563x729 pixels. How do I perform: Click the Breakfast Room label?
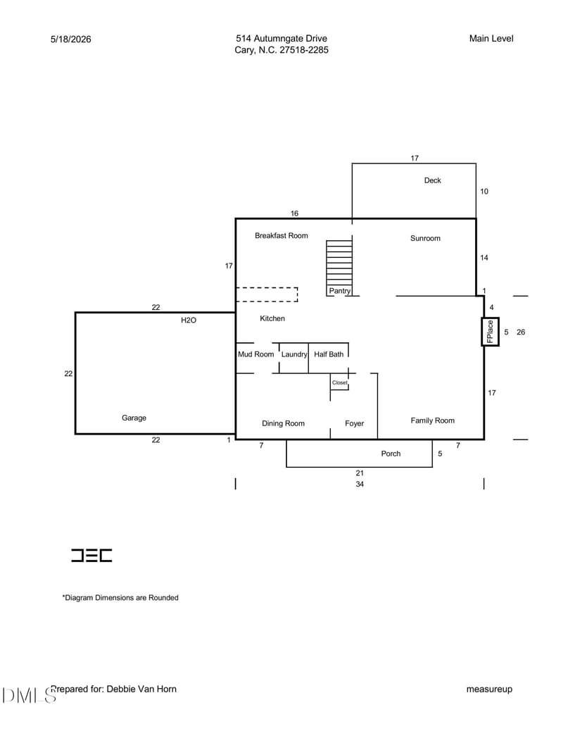[x=281, y=236]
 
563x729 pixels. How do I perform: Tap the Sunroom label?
[x=425, y=238]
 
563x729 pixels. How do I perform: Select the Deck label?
[x=433, y=180]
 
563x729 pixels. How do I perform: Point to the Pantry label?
[x=340, y=291]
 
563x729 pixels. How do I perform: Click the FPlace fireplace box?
[x=490, y=332]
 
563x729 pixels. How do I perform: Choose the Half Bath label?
[x=329, y=354]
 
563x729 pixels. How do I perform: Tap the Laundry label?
[x=294, y=354]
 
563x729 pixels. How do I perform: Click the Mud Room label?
[x=256, y=354]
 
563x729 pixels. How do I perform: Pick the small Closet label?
[x=340, y=382]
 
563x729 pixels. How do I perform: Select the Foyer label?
[x=355, y=423]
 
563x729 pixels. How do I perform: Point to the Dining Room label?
[x=284, y=423]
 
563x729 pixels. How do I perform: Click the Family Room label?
[x=433, y=420]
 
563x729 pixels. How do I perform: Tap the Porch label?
[x=391, y=454]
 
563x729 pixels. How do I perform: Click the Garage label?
[x=134, y=418]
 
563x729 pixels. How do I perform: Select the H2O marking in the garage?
[x=189, y=320]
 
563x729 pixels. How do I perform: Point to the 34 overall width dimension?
[x=360, y=484]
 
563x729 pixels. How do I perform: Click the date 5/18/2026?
[x=70, y=39]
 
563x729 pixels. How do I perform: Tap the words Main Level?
[x=491, y=39]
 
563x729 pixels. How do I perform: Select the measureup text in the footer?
[x=489, y=690]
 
